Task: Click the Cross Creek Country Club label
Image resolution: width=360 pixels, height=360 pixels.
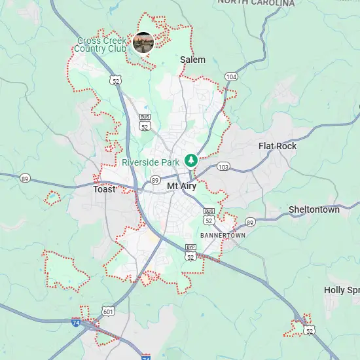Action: pyautogui.click(x=100, y=45)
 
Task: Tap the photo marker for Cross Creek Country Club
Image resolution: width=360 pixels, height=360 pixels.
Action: pyautogui.click(x=143, y=43)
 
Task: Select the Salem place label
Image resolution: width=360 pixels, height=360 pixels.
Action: pyautogui.click(x=192, y=60)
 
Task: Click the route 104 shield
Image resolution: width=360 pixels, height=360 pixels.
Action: pyautogui.click(x=230, y=77)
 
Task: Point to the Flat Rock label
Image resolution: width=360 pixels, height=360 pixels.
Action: pyautogui.click(x=278, y=146)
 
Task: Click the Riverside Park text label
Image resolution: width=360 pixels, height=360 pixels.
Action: pyautogui.click(x=151, y=162)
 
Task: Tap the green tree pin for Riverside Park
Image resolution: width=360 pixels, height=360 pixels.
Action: pyautogui.click(x=191, y=160)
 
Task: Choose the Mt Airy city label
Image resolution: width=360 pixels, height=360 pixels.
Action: pyautogui.click(x=182, y=187)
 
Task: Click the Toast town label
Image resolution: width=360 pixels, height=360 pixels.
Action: pyautogui.click(x=104, y=189)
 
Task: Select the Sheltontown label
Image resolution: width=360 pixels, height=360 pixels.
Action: pyautogui.click(x=314, y=210)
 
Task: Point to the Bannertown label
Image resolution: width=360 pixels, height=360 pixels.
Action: pyautogui.click(x=223, y=234)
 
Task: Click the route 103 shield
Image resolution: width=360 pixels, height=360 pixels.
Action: pyautogui.click(x=224, y=168)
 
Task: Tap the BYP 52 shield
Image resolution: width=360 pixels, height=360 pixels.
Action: pyautogui.click(x=190, y=253)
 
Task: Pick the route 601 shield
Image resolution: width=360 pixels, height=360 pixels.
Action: pyautogui.click(x=109, y=312)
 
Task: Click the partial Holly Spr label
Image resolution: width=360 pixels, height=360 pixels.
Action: pyautogui.click(x=342, y=290)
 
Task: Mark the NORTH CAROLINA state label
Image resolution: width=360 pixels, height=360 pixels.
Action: pyautogui.click(x=256, y=3)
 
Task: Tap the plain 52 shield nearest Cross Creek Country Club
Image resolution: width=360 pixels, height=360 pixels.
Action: pyautogui.click(x=116, y=81)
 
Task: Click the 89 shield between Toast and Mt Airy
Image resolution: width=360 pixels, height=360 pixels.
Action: pyautogui.click(x=155, y=180)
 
